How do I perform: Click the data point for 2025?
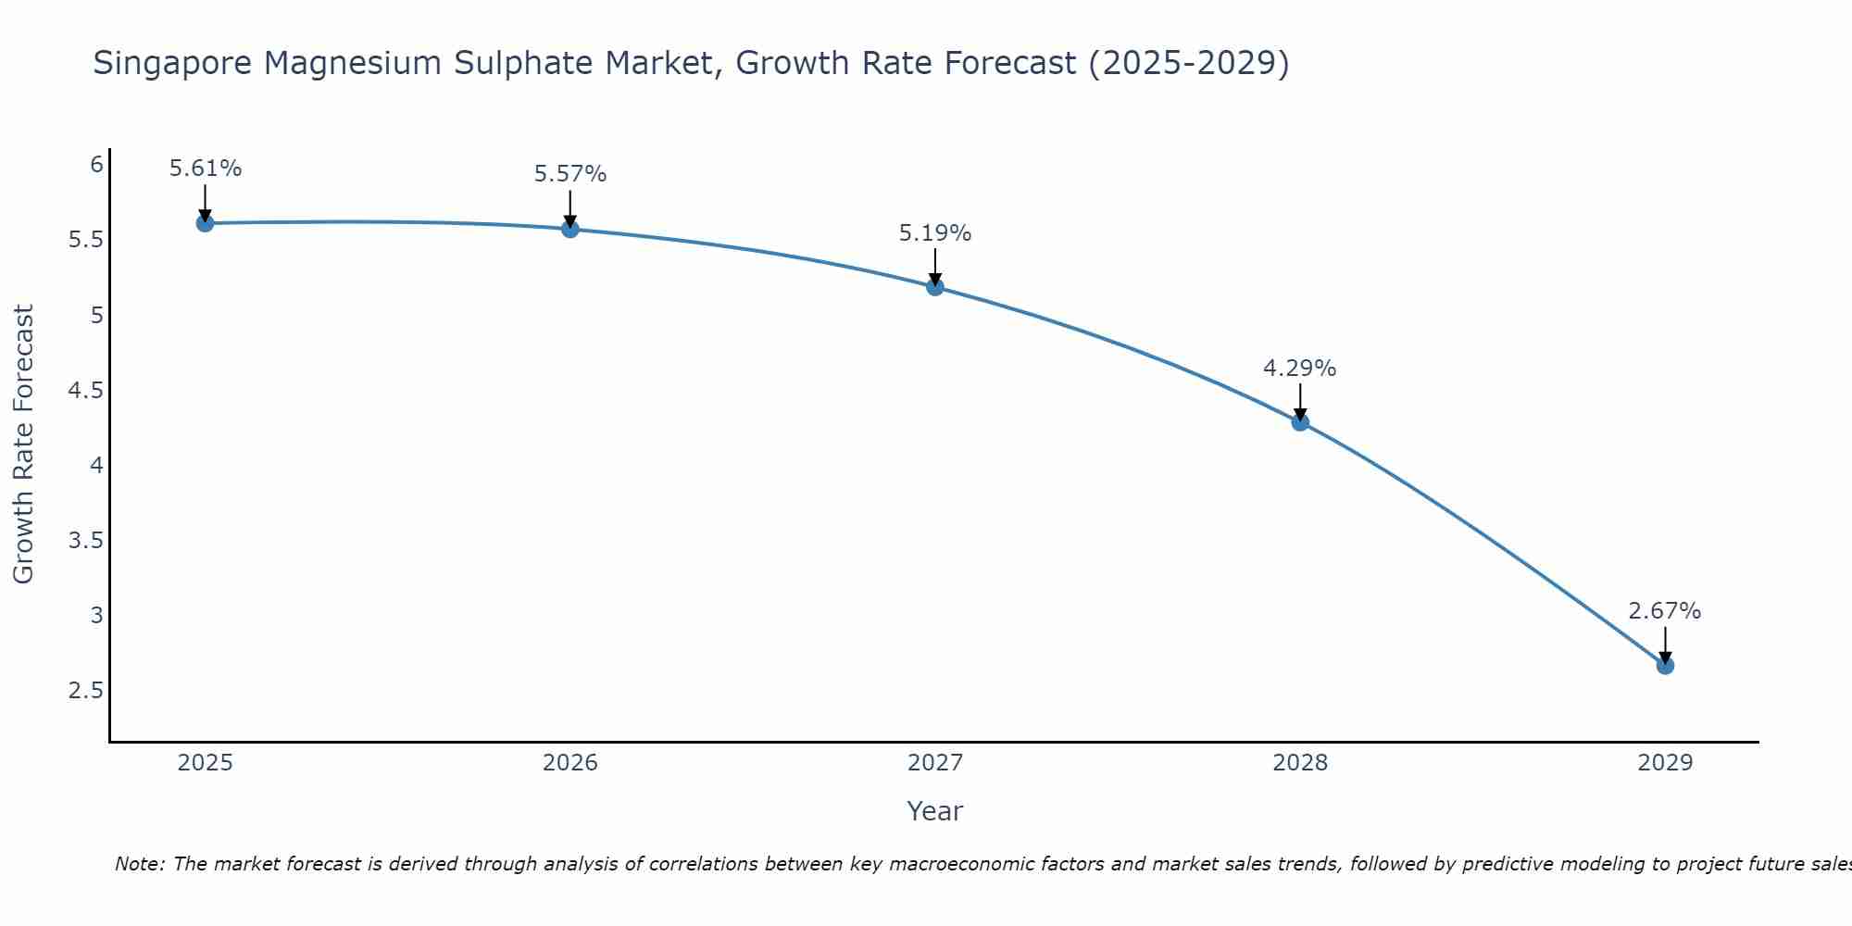[206, 223]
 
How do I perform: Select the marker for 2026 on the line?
[570, 229]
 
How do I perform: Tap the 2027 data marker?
[935, 287]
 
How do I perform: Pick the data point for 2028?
[1300, 422]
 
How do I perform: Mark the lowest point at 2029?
[1665, 666]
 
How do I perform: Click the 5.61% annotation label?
[206, 169]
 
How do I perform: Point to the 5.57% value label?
[570, 174]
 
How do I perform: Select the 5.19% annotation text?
[935, 233]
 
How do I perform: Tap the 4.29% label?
[1300, 369]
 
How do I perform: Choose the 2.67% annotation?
[1665, 611]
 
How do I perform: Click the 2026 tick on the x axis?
[570, 763]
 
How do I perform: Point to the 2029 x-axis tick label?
[1665, 763]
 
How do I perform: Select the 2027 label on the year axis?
[935, 763]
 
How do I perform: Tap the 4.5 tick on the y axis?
[85, 391]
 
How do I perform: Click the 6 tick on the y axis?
[96, 165]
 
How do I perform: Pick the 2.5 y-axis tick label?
[85, 691]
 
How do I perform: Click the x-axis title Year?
[935, 811]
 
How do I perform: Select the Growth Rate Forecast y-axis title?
[24, 444]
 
